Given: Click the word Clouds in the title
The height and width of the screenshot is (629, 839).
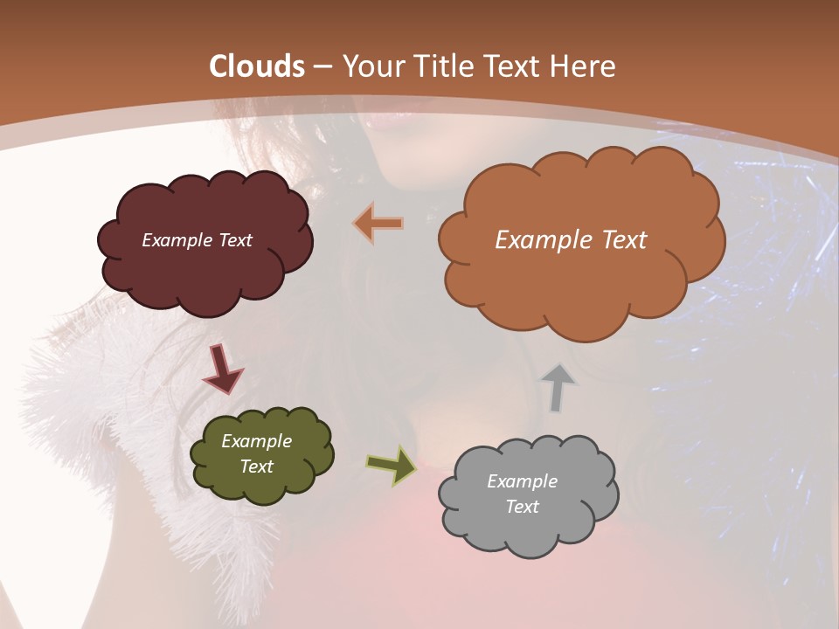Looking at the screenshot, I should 257,66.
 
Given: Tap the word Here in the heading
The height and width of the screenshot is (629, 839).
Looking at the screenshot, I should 584,66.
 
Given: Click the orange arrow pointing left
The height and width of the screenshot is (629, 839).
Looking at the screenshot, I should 379,224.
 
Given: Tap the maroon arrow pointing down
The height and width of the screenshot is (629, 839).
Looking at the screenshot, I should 222,368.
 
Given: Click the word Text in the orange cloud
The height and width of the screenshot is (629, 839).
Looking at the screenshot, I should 621,240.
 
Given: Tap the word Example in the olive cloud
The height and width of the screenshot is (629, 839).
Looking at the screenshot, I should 257,441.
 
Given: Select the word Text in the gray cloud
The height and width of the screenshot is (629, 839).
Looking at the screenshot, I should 523,507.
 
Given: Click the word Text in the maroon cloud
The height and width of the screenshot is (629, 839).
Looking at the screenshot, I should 234,240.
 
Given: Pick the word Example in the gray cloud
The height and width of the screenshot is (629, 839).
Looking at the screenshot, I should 523,481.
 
